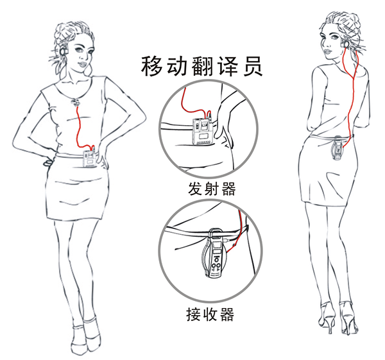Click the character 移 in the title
pos(151,66)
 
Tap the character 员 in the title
pos(252,66)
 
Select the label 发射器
pos(212,189)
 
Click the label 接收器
pos(210,314)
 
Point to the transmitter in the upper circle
pos(203,132)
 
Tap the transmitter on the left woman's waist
pos(90,159)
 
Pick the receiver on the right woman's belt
pos(338,147)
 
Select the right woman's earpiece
pos(346,44)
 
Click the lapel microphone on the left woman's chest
pos(76,101)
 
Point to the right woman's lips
pos(327,51)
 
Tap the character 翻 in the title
pos(202,66)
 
